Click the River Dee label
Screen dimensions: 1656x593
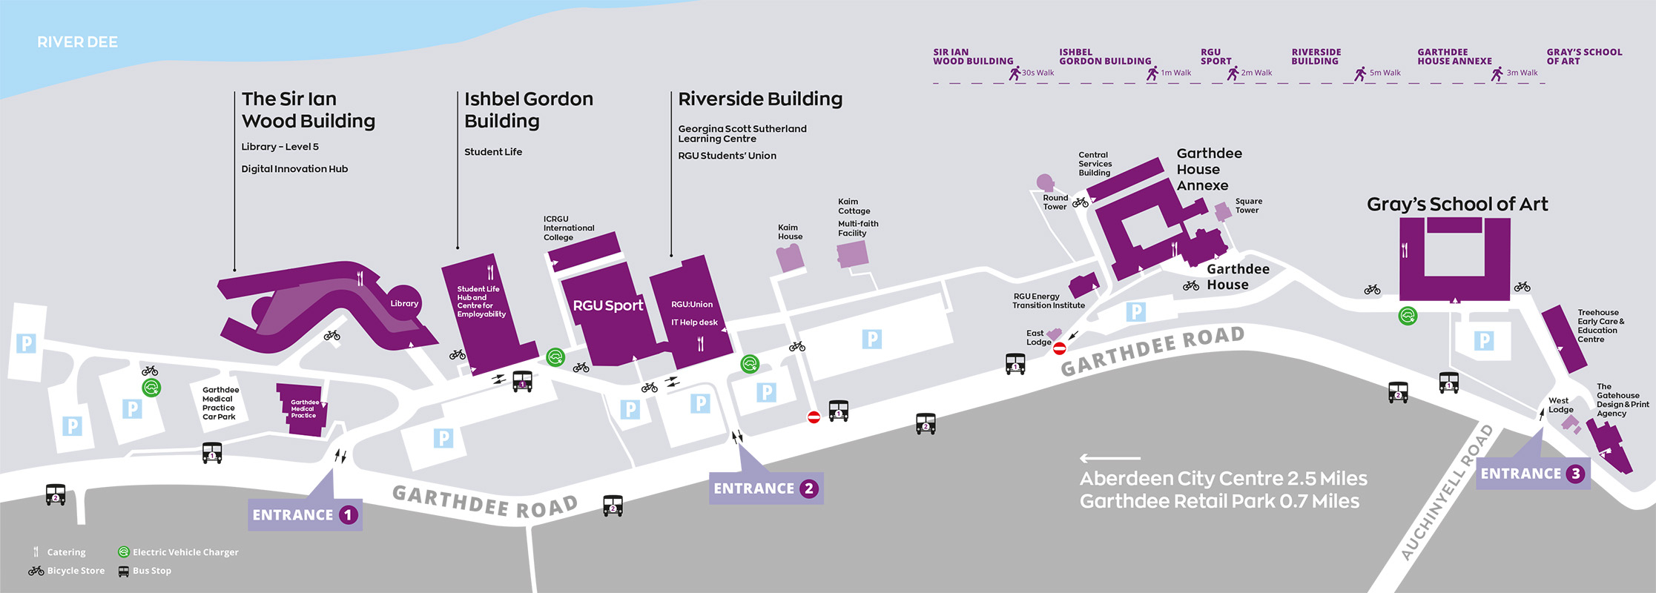point(78,42)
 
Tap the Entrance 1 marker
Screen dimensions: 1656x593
point(305,514)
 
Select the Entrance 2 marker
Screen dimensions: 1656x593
point(766,488)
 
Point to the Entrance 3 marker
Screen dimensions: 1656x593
point(1533,474)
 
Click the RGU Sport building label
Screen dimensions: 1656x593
point(608,305)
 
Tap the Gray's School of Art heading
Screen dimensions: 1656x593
point(1457,205)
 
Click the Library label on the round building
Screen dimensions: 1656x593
point(404,303)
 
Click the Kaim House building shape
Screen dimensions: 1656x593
point(790,258)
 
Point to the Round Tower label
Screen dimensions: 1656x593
point(1055,202)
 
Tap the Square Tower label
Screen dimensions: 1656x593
point(1248,205)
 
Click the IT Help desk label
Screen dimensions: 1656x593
point(694,322)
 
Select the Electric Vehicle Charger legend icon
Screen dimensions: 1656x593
point(124,552)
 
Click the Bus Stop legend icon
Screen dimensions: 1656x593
point(124,572)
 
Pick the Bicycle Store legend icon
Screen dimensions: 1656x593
point(36,571)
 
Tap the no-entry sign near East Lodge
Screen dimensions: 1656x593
point(1060,348)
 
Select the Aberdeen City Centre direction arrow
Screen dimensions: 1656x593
point(1110,458)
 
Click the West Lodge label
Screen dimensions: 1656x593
point(1560,405)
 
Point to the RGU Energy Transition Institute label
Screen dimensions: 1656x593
point(1049,301)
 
